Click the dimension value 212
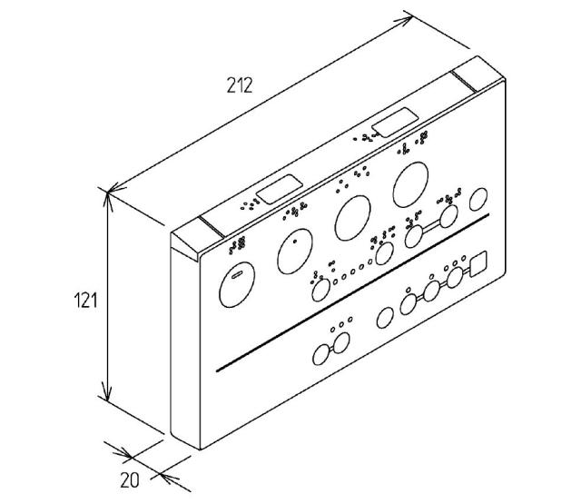240,85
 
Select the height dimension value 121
85,300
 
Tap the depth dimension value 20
130,480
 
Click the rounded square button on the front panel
478,264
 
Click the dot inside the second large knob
295,242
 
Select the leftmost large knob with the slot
237,284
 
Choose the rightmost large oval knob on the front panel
410,184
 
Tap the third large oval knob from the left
352,218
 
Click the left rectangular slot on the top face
280,190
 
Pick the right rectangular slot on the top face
395,123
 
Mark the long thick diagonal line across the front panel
352,292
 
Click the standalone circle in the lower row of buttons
385,318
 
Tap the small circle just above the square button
463,258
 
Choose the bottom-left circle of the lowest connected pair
321,355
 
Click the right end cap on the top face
478,74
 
